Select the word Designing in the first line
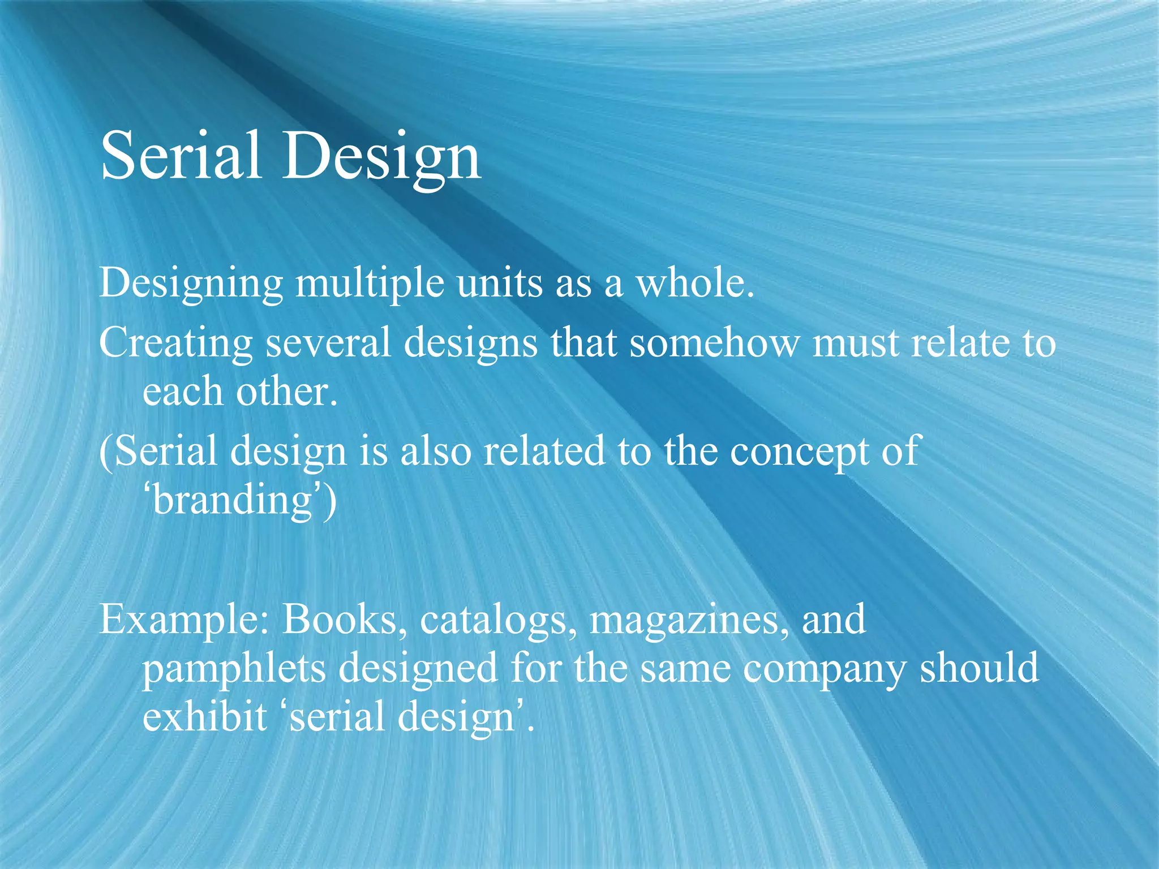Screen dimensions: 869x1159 [x=191, y=283]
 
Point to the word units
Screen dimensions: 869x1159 [x=500, y=283]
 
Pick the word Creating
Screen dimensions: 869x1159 [x=175, y=343]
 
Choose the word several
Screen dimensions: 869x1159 [x=328, y=343]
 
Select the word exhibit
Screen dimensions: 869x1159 [x=204, y=716]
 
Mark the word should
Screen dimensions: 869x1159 [x=979, y=668]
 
